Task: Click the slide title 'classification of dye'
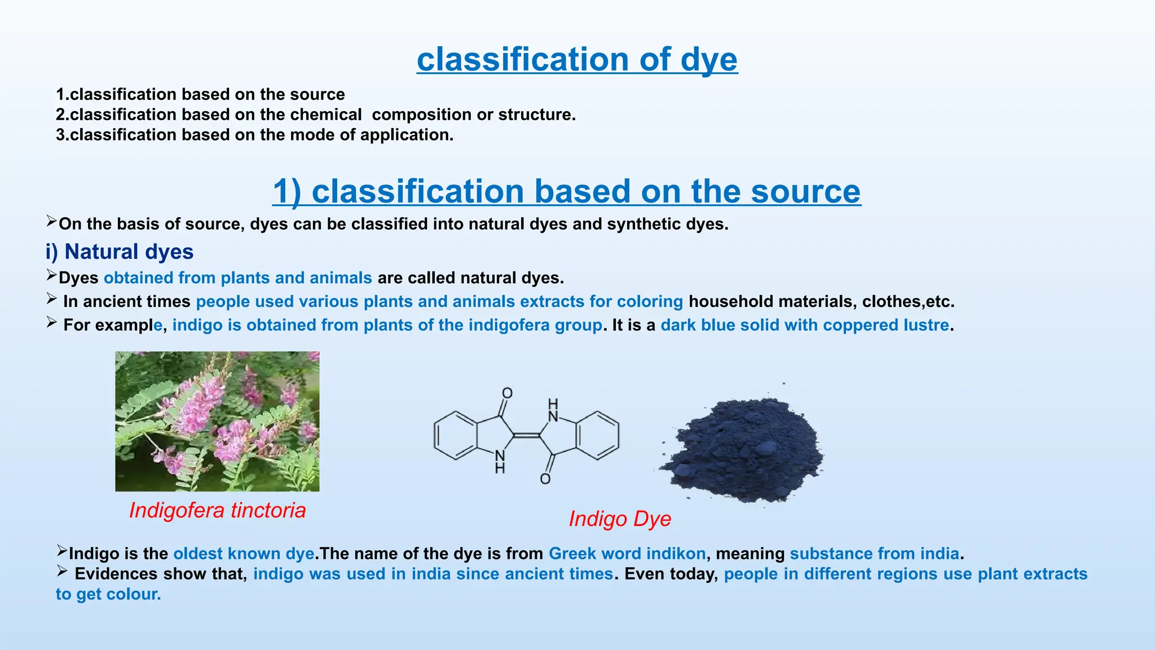(577, 59)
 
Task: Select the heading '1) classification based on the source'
(566, 191)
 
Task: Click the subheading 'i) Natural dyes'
(120, 252)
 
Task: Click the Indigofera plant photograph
(217, 421)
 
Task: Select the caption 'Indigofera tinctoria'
(217, 510)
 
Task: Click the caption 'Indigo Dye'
(620, 519)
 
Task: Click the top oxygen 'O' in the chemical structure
(507, 393)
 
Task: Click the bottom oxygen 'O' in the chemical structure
(545, 479)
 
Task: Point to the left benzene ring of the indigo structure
(456, 435)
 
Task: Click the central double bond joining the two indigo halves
(526, 436)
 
